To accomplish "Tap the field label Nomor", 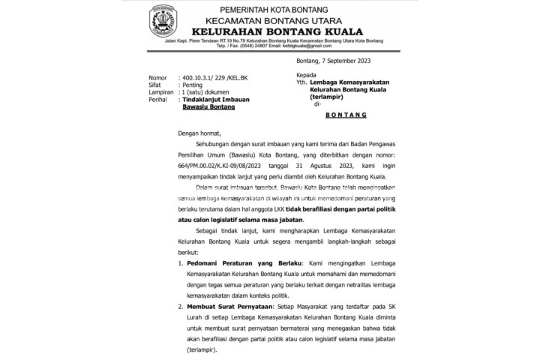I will coord(158,78).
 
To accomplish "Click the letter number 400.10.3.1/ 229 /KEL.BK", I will coord(217,78).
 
